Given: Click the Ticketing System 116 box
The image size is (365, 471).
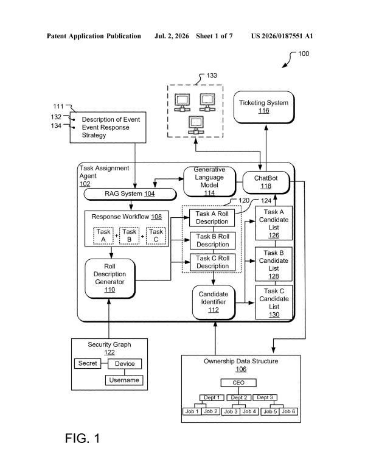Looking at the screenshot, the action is [264, 107].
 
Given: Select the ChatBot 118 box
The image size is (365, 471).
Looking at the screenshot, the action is [266, 183].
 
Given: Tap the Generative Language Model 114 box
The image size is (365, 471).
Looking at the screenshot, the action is [209, 181].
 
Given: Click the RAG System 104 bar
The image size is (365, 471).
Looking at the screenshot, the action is [130, 194].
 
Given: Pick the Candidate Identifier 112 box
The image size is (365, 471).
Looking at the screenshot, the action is [214, 302].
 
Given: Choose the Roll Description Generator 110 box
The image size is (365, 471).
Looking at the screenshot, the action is [110, 278].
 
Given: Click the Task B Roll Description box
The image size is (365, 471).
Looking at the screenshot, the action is [212, 240].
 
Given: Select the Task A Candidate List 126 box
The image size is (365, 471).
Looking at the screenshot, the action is [274, 223].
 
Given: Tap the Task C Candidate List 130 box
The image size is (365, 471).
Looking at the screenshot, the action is [274, 302].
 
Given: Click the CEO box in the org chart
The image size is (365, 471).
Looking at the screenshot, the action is [238, 383].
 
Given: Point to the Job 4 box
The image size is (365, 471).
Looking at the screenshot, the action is [249, 411].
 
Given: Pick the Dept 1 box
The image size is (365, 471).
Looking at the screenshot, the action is [212, 397].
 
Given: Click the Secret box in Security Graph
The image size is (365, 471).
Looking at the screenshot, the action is [88, 363].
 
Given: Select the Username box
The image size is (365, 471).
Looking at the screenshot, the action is [124, 380].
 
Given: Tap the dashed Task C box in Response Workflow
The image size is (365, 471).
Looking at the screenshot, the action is [156, 235].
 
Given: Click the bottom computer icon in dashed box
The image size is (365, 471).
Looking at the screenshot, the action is [196, 125].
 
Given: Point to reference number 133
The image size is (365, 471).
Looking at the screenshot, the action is [212, 75].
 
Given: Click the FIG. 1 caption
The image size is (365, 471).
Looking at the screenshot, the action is [82, 438].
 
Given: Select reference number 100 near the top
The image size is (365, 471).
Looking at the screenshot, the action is [304, 54].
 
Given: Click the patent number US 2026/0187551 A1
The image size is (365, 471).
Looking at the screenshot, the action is [282, 36].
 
